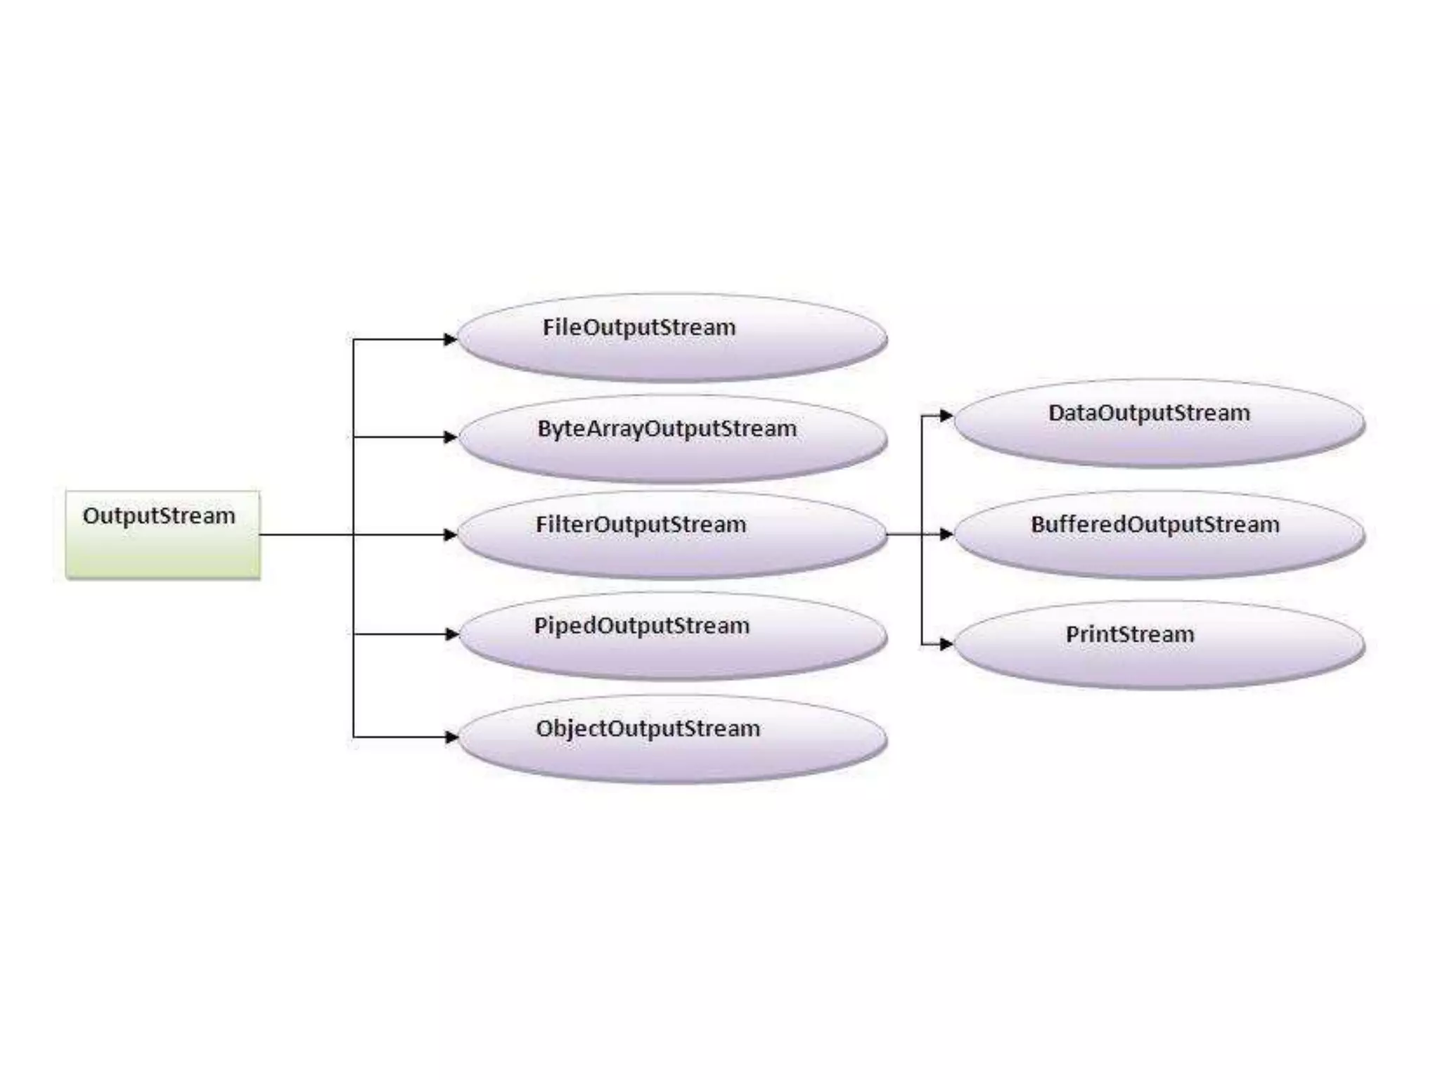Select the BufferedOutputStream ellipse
tap(1159, 535)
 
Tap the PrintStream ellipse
tap(1159, 645)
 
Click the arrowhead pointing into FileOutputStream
tap(450, 340)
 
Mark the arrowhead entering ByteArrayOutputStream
tap(450, 437)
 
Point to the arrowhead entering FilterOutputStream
tap(450, 535)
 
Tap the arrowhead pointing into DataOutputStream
tap(946, 416)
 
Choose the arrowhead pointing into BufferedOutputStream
tap(946, 534)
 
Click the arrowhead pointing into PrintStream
tap(946, 643)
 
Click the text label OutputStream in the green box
tap(159, 515)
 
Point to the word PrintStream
tap(1129, 634)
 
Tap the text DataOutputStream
tap(1149, 413)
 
